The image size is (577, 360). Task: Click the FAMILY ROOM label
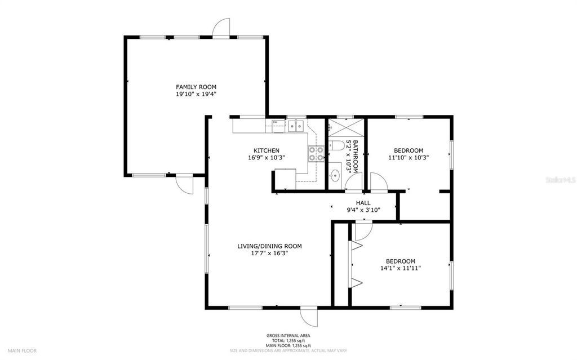196,87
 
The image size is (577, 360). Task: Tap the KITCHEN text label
267,150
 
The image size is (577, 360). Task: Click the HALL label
363,203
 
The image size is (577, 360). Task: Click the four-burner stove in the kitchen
316,154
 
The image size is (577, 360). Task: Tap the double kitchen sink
296,126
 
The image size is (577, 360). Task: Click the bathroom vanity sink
334,175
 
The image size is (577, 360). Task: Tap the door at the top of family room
222,28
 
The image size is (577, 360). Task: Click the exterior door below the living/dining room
308,316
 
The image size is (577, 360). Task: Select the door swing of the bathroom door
353,182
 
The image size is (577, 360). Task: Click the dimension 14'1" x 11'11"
401,268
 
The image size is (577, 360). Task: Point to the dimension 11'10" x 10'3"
409,158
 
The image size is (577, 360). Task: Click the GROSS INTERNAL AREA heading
288,336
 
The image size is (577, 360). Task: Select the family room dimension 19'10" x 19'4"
196,94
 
